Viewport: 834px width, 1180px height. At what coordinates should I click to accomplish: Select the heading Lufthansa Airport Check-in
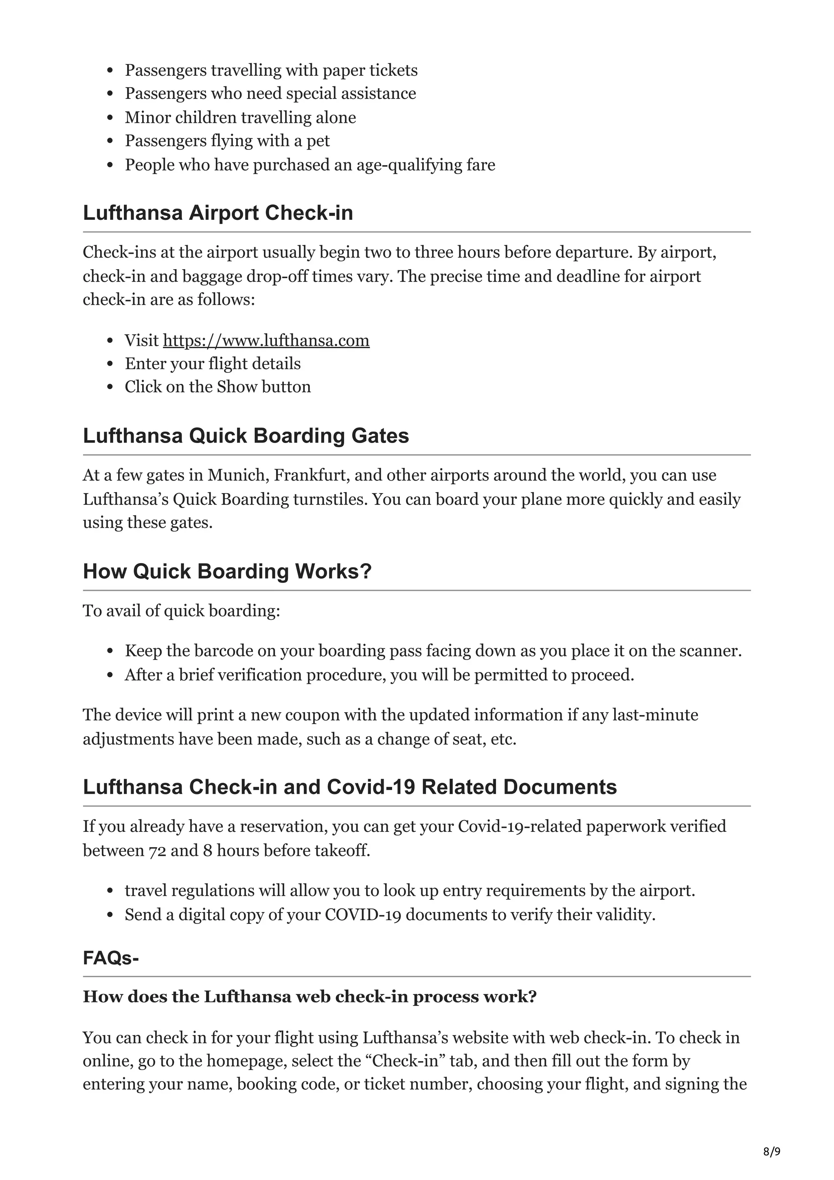pos(218,213)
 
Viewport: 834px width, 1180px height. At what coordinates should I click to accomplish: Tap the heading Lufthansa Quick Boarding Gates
pos(246,435)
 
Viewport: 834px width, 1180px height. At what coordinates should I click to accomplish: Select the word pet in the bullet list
pos(318,141)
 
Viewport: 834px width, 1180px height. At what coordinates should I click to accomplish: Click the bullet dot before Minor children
pos(110,118)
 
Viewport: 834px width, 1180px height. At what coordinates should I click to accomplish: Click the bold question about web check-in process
pos(309,996)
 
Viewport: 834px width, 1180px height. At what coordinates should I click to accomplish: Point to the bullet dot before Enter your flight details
pos(110,364)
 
